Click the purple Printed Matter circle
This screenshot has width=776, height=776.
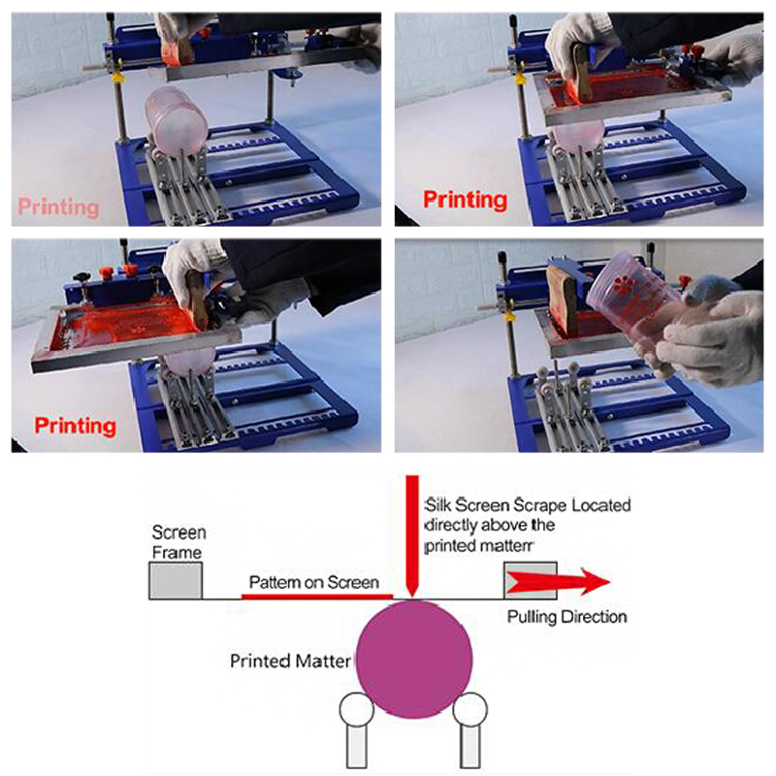(x=415, y=660)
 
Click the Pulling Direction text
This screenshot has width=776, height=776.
(x=567, y=617)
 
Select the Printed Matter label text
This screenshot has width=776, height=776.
(x=290, y=663)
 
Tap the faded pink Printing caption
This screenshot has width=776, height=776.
(x=59, y=207)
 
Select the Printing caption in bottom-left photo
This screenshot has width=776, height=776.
(x=76, y=425)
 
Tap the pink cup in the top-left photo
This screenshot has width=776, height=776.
(x=175, y=121)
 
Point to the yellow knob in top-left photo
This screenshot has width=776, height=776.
(x=117, y=73)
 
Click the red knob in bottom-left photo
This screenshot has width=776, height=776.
(x=126, y=269)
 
